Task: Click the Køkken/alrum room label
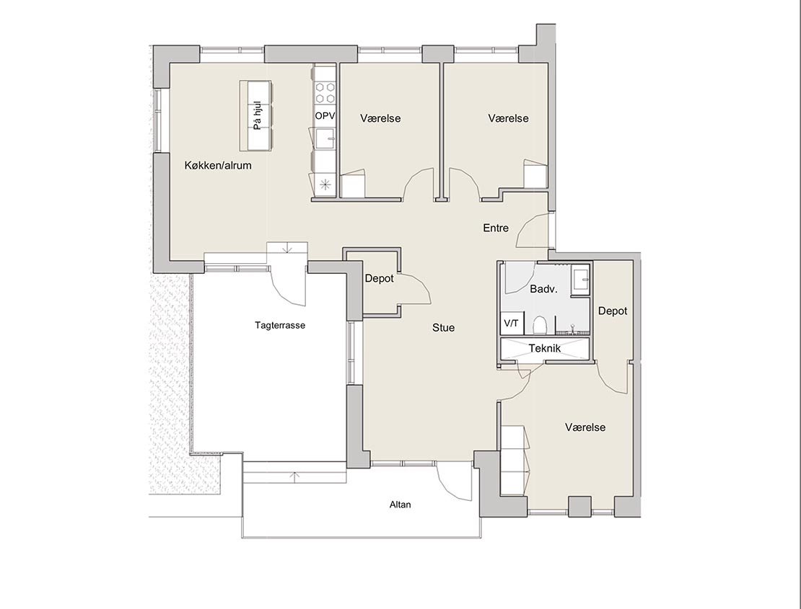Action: [x=218, y=165]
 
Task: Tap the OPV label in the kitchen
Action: [x=325, y=116]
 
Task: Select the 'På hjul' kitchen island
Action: [x=256, y=115]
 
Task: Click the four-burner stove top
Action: [x=325, y=93]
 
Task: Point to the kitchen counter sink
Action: [x=325, y=138]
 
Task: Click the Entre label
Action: [x=496, y=228]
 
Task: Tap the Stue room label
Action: [x=443, y=327]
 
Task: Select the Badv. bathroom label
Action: [x=543, y=289]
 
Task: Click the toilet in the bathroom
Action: [x=540, y=324]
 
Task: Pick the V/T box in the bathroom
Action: [x=511, y=324]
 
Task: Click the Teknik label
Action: [x=545, y=348]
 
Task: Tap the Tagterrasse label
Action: [x=280, y=325]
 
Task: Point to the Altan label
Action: [x=400, y=504]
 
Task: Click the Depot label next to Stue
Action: [x=379, y=278]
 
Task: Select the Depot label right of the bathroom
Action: [x=613, y=311]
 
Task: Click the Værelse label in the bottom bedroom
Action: [x=585, y=427]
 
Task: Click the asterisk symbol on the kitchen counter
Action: [x=325, y=185]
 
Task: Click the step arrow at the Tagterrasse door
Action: [x=288, y=248]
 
